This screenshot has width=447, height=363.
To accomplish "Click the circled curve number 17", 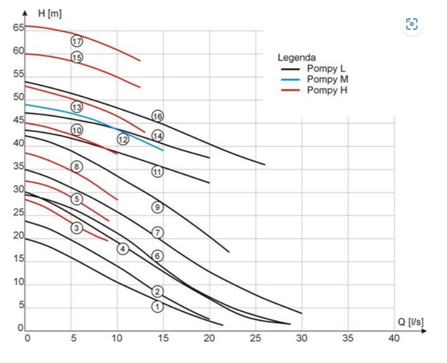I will point(77,41).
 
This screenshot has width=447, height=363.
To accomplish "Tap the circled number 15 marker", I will point(77,57).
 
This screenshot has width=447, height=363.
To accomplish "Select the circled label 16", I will point(158,116).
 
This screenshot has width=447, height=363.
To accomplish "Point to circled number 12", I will point(123,138).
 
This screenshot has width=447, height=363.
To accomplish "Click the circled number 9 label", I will point(158,207).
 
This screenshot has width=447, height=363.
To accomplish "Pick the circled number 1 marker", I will point(158,306).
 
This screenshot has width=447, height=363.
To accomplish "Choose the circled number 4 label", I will point(123,249).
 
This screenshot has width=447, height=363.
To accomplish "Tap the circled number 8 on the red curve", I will point(77,166).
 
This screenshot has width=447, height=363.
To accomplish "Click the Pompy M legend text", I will point(327,79).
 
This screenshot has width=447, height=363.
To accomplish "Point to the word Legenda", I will point(297,58).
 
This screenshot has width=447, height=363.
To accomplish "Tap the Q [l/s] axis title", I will point(411,322).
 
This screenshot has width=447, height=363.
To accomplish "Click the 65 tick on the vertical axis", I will point(18,28).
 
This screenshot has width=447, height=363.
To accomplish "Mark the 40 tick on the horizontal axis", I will point(394,338).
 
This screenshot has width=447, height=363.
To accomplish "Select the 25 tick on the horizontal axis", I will point(256,338).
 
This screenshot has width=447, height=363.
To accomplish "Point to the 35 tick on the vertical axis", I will point(18,167).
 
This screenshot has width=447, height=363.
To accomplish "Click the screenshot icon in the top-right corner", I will point(412,24).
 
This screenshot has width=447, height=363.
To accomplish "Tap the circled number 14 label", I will point(158,135).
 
